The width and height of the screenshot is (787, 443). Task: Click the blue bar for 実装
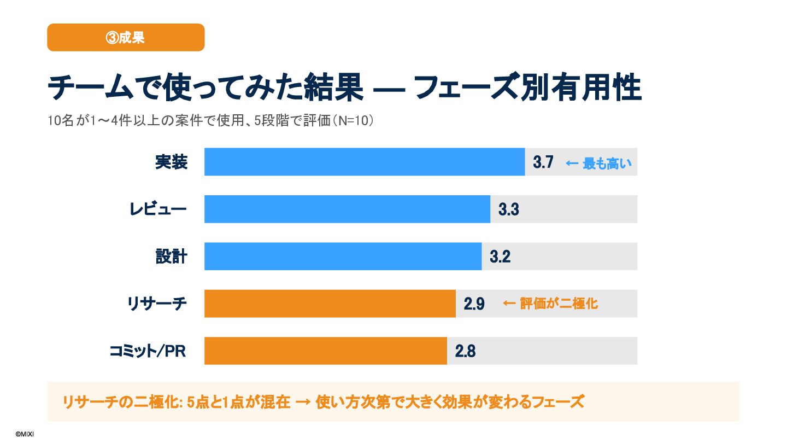pos(365,162)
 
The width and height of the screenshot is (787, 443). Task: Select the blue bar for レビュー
pos(347,209)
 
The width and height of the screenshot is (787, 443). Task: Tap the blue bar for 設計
pos(343,257)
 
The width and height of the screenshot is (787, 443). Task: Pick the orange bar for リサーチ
pos(330,304)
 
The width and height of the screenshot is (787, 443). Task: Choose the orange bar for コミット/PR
pos(325,351)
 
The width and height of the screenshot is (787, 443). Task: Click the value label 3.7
pos(543,162)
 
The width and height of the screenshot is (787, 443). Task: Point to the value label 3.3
pos(508,209)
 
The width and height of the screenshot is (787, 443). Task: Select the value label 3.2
pos(500,257)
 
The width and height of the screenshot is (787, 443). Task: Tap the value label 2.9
pos(474,304)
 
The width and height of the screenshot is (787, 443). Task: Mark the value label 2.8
pos(465,351)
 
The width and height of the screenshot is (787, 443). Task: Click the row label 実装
pos(171,162)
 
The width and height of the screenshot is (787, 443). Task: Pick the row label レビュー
pos(158,209)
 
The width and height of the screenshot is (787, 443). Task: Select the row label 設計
pos(171,257)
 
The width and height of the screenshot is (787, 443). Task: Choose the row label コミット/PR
pos(148,351)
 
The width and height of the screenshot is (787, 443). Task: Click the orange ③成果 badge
pos(126,38)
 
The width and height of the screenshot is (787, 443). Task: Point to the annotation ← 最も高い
pos(598,164)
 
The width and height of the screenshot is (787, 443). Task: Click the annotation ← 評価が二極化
pos(550,304)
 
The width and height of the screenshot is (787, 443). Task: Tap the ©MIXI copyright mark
pos(25,434)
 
